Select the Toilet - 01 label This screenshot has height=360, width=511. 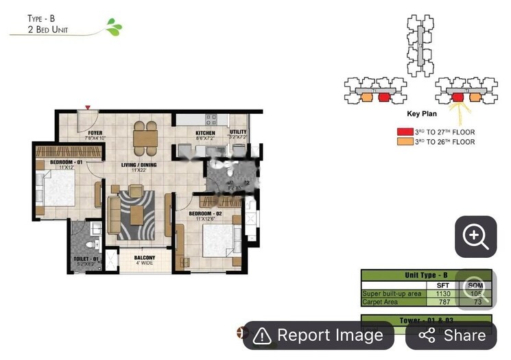(x=87, y=259)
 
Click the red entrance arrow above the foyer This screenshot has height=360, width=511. (x=87, y=108)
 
